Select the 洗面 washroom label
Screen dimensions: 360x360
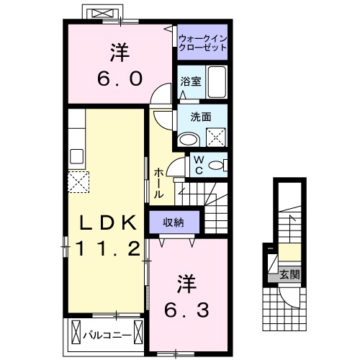(x=200, y=115)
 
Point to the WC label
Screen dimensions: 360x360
(x=196, y=166)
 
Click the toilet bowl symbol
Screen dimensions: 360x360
(x=215, y=166)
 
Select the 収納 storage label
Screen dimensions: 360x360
(x=173, y=222)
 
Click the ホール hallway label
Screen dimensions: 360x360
(x=159, y=184)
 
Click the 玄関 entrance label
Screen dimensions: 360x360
(x=289, y=274)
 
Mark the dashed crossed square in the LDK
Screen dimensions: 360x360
(x=78, y=181)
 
